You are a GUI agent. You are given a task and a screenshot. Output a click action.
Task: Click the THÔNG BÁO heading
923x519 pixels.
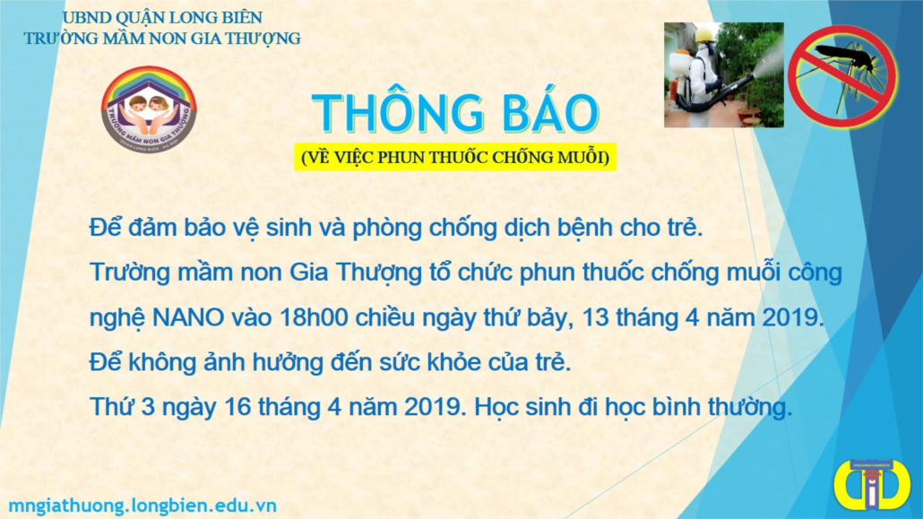455,113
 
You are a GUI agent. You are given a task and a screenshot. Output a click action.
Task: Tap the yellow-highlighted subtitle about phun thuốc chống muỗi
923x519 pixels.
455,157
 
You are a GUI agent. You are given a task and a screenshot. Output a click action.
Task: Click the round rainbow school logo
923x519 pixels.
149,109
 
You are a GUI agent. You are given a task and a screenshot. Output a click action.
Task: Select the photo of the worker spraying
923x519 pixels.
723,74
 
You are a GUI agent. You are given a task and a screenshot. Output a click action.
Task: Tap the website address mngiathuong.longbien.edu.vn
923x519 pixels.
142,506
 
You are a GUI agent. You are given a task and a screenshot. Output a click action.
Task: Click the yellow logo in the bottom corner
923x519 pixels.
871,486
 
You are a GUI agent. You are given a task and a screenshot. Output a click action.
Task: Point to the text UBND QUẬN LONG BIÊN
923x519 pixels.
162,17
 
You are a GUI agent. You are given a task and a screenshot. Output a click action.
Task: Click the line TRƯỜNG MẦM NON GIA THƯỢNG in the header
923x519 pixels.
162,39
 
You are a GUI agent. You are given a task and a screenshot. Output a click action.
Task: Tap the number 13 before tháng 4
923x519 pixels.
594,318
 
